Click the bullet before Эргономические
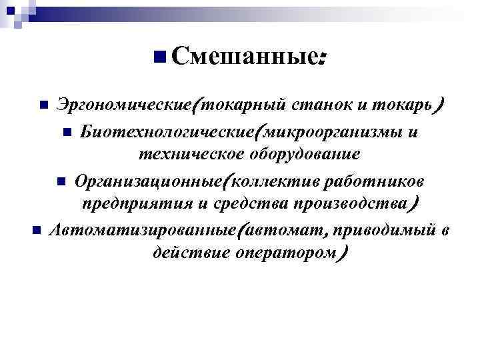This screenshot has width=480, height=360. click(x=43, y=105)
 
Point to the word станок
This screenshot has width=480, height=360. click(x=317, y=105)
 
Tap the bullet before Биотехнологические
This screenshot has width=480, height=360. click(x=67, y=131)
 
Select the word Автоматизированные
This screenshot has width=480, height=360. click(x=143, y=229)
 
